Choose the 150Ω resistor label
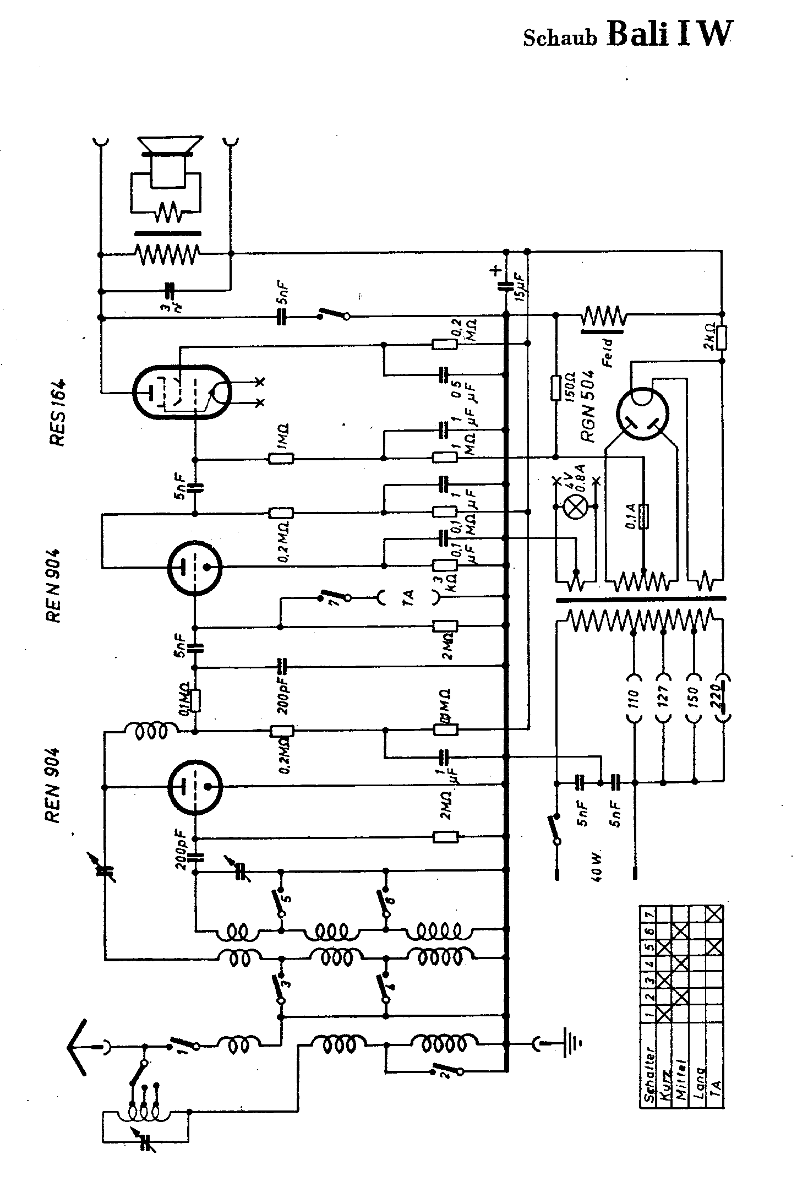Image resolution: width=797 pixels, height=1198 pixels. [570, 388]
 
